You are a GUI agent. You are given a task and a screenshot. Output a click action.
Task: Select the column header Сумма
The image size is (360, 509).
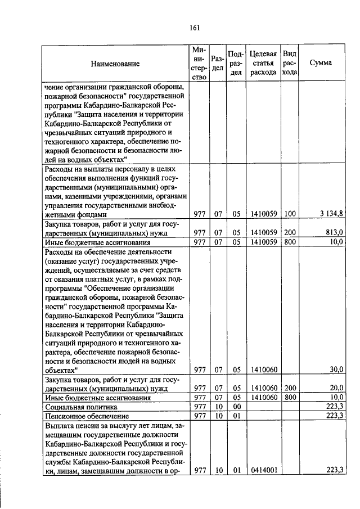(321, 63)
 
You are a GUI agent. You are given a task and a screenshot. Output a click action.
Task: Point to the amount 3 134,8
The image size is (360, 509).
(332, 214)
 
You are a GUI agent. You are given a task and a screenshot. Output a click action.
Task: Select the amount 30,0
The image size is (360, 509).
(336, 370)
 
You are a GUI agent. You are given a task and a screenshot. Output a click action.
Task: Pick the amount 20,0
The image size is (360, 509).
(336, 388)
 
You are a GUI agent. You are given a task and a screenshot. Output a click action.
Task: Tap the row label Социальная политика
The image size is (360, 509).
(80, 407)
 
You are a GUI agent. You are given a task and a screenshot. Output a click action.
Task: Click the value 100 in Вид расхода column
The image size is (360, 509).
(289, 214)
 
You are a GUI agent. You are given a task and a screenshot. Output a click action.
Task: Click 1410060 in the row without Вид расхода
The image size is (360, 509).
(263, 370)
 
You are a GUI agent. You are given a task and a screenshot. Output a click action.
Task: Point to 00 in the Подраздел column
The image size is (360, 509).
(237, 407)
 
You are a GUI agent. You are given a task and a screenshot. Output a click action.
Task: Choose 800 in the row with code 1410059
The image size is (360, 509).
(289, 242)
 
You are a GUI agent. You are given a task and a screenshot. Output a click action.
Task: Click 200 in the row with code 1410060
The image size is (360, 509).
(289, 388)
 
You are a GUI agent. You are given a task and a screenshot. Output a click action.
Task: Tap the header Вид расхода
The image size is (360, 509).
(289, 63)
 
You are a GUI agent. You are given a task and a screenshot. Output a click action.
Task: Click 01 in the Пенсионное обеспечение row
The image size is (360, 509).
(237, 416)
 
